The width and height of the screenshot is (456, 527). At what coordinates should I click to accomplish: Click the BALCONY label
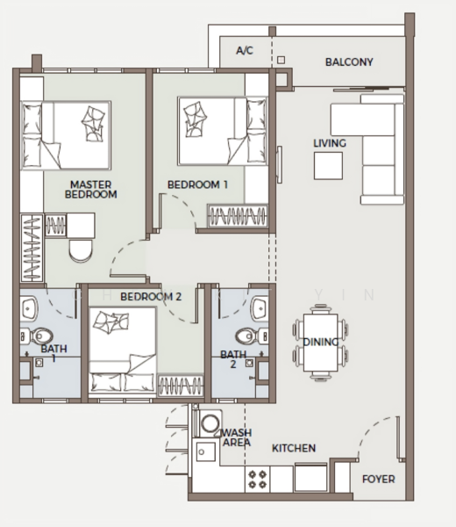click(x=349, y=61)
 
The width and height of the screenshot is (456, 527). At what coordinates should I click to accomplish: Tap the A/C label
click(x=245, y=51)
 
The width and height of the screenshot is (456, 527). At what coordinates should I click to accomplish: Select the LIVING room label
click(x=330, y=143)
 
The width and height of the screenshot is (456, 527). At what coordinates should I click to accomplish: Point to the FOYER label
click(x=379, y=479)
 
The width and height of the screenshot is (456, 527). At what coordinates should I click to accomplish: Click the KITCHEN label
click(x=294, y=448)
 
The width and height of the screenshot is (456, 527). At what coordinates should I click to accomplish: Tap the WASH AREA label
click(x=237, y=437)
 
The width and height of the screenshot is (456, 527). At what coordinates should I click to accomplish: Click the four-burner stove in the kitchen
click(x=257, y=480)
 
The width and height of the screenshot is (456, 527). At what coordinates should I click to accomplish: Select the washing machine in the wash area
click(x=210, y=422)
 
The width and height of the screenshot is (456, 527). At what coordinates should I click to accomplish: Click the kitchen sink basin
click(x=205, y=452)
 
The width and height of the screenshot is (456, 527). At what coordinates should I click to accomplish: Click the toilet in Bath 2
click(x=252, y=336)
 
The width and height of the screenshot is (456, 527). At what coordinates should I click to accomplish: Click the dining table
click(x=320, y=343)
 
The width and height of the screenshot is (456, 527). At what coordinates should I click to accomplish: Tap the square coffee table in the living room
click(x=328, y=166)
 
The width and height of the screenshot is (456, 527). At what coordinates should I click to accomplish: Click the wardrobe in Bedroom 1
click(x=238, y=215)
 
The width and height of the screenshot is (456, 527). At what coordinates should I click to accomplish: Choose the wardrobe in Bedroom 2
click(x=181, y=386)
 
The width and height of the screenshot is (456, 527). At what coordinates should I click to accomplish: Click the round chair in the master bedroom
click(x=81, y=250)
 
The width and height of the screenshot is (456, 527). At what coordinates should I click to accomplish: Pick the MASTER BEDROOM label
click(x=90, y=190)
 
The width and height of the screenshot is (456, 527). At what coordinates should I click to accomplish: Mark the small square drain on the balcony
click(x=281, y=60)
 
